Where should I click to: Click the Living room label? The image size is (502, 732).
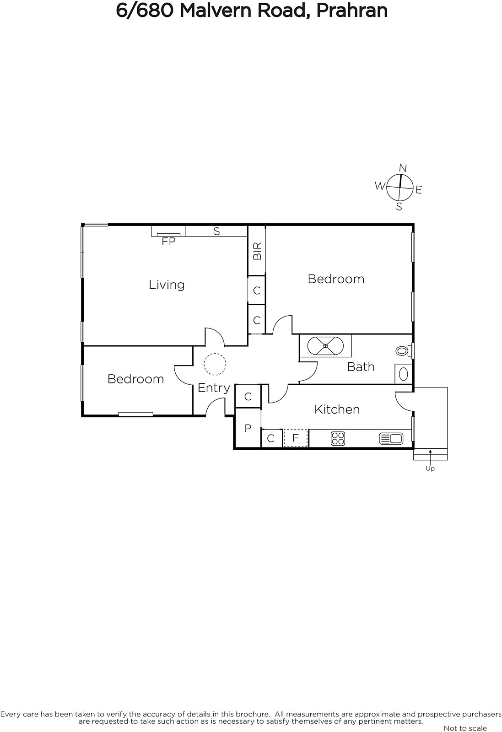click(x=167, y=285)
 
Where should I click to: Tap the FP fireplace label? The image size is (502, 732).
click(x=169, y=242)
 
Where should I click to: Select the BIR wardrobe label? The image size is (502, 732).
click(x=257, y=251)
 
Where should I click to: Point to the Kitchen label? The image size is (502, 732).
click(x=337, y=409)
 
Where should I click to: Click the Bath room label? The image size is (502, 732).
click(x=361, y=367)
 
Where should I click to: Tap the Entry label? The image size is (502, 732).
click(x=214, y=388)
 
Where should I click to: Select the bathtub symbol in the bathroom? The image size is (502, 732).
click(x=325, y=346)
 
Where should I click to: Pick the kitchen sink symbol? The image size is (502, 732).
click(x=391, y=439)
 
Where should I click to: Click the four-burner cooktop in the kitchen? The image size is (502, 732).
click(x=338, y=439)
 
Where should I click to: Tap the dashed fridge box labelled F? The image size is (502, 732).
click(x=296, y=438)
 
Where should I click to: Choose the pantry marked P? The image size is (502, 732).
click(x=248, y=428)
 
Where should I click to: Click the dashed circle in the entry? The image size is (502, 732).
click(x=215, y=364)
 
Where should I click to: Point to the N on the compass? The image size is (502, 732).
click(x=403, y=168)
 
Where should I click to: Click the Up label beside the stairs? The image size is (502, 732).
click(x=430, y=468)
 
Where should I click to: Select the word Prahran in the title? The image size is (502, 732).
click(x=352, y=11)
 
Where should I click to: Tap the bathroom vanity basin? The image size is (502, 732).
click(x=403, y=374)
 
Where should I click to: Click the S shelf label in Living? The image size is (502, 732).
click(x=217, y=231)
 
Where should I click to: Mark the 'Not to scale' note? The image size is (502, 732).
click(x=465, y=728)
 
